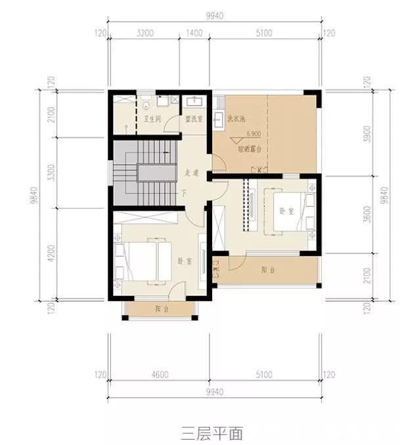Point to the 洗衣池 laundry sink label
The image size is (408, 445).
pyautogui.click(x=235, y=120)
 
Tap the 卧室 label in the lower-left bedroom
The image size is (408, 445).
pyautogui.click(x=185, y=261)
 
